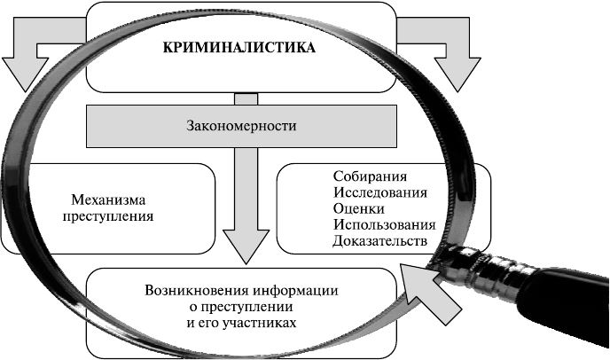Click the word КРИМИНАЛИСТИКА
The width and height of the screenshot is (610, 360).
[x=239, y=48]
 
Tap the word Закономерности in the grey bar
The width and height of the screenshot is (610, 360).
[x=240, y=126]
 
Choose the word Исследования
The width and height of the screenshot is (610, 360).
[x=380, y=192]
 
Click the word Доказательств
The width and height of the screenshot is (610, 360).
[x=379, y=240]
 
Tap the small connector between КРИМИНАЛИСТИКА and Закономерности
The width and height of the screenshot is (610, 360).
[x=244, y=98]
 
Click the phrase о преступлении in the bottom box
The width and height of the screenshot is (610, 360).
[x=239, y=307]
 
